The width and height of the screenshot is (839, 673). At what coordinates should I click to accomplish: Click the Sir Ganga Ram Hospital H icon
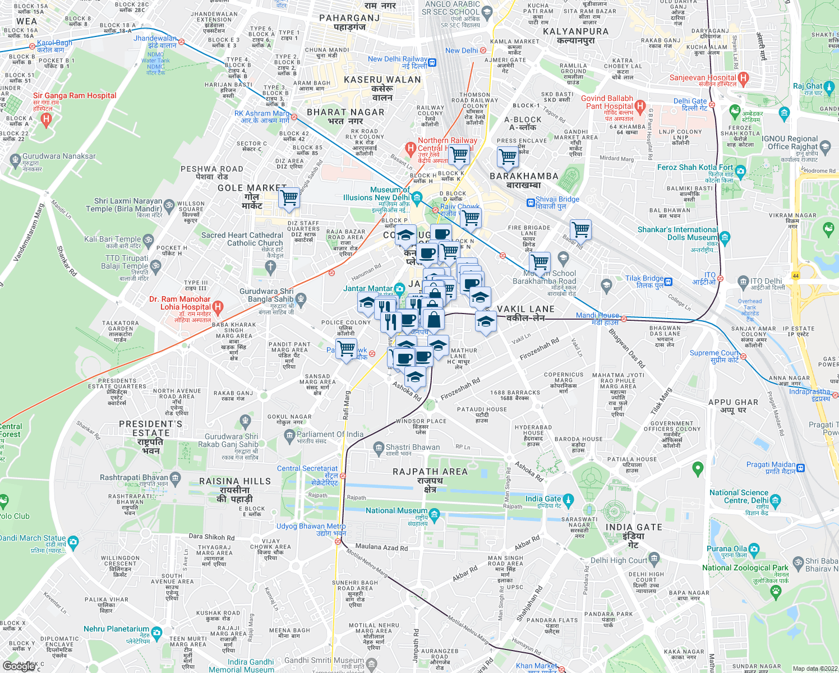pos(47,119)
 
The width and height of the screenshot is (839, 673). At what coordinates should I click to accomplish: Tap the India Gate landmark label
pos(542,499)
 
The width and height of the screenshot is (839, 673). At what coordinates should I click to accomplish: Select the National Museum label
pos(396,511)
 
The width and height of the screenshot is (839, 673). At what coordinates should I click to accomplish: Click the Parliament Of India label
pos(330,434)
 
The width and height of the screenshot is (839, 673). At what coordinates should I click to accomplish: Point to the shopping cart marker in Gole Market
pos(289,198)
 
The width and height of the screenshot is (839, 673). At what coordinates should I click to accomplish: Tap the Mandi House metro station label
pos(597,316)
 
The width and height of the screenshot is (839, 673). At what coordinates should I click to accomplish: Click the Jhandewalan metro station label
pos(155,39)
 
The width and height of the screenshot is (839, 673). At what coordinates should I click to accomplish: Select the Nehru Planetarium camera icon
pos(156,632)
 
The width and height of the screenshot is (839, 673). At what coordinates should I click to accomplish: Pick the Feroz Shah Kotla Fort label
pos(695,167)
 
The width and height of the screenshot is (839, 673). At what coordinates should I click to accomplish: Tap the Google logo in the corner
pos(18,666)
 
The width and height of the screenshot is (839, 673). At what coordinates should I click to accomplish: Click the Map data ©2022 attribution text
pos(815,668)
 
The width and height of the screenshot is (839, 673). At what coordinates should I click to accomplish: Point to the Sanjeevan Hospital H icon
pos(744,78)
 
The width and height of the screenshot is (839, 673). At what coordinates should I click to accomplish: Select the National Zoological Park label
pos(745,568)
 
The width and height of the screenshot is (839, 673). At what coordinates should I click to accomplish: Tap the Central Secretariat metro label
pos(307,469)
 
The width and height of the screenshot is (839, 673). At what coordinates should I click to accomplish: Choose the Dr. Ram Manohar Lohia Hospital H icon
pos(218,307)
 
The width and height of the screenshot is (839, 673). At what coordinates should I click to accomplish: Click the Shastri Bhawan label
pos(413,447)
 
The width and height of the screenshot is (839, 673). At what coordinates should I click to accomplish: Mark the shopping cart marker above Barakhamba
pos(508,156)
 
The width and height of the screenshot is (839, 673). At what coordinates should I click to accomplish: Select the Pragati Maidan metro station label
pos(771,464)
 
